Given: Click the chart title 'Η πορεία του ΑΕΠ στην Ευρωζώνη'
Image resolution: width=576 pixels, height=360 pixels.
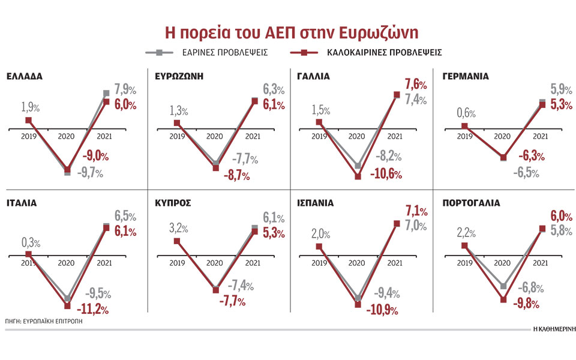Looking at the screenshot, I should tap(287, 32).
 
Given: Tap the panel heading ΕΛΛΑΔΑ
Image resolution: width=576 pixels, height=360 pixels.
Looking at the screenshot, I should tap(25, 77).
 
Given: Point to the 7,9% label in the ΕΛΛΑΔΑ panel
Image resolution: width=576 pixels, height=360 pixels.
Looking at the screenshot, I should tap(124, 91).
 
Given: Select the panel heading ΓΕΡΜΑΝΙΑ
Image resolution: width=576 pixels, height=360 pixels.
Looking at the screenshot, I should tap(465, 77).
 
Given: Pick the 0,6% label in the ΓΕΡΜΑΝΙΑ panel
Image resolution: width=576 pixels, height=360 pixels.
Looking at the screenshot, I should tap(466, 113).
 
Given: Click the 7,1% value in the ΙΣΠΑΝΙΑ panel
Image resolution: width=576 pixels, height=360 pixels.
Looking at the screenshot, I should tap(415, 212).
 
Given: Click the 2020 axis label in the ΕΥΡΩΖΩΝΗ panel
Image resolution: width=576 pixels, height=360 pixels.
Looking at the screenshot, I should tap(215, 137).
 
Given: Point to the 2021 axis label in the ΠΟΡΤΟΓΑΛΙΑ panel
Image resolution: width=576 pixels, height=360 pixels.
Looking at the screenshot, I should tap(541, 263).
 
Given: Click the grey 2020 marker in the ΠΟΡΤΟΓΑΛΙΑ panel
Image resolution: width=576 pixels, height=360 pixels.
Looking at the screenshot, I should tap(503, 286).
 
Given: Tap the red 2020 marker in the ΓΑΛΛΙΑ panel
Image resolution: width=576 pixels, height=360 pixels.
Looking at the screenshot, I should tap(358, 176).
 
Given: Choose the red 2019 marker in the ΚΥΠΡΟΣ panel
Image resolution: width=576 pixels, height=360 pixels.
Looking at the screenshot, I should tap(176, 241).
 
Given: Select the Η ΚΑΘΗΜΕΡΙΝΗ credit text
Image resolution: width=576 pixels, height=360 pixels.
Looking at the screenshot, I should tap(553, 329).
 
